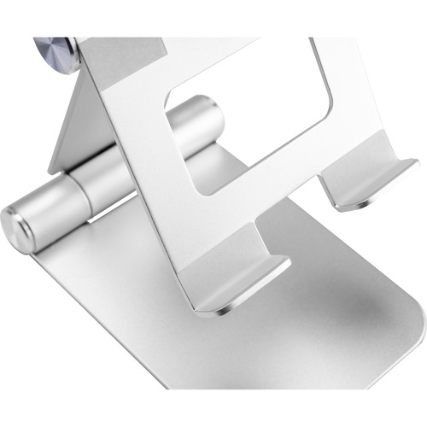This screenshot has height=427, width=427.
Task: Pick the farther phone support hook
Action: [x=363, y=179]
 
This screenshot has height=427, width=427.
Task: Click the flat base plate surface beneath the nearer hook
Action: [x=282, y=342]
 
